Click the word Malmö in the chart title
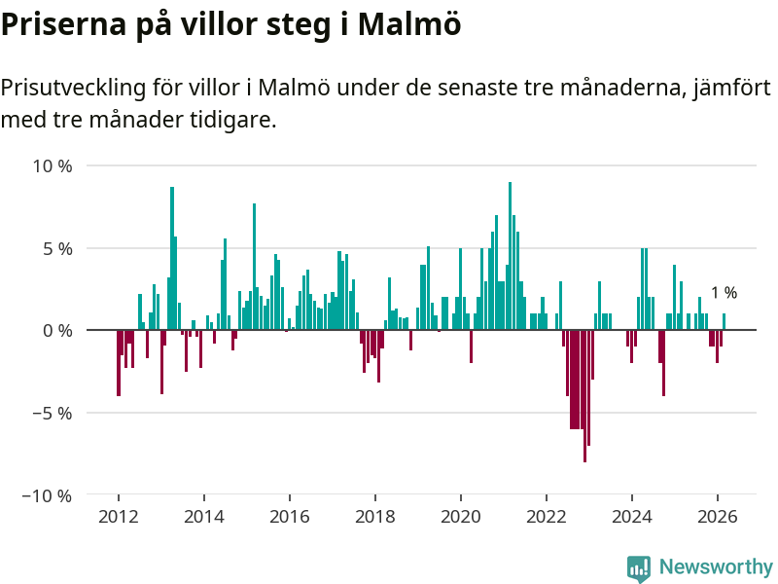409,24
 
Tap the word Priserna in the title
60,24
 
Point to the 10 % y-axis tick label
53,165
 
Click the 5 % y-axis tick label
57,248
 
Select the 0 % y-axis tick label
57,330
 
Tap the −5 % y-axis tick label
53,413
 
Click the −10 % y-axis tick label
49,495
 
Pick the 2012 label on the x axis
118,517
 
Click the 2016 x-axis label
289,517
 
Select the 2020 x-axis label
460,517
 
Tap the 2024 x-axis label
632,517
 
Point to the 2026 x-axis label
717,517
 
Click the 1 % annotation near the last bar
724,292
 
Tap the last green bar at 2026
724,322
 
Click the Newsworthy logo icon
639,568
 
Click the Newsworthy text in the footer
716,566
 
